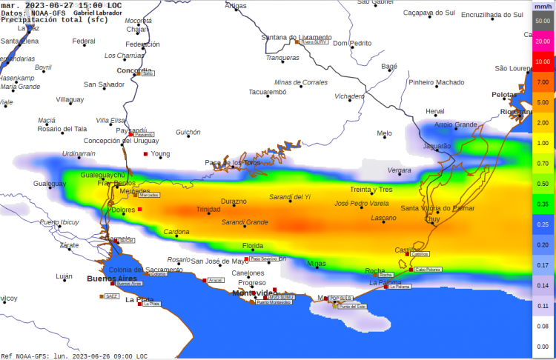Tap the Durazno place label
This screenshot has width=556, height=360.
tap(234, 201)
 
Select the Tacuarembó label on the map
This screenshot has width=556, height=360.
tap(267, 93)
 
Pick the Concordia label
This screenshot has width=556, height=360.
tap(134, 71)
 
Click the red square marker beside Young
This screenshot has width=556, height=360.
tap(146, 154)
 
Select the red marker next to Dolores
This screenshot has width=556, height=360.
tap(139, 210)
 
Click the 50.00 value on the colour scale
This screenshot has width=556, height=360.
tap(542, 21)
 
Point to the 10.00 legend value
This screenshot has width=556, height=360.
tap(542, 61)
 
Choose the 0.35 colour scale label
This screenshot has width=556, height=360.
tap(542, 204)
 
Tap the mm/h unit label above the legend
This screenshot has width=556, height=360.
tap(542, 6)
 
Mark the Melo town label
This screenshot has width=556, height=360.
tap(384, 134)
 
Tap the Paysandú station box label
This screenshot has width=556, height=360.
tap(145, 135)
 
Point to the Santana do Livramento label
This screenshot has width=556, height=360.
tap(296, 37)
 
